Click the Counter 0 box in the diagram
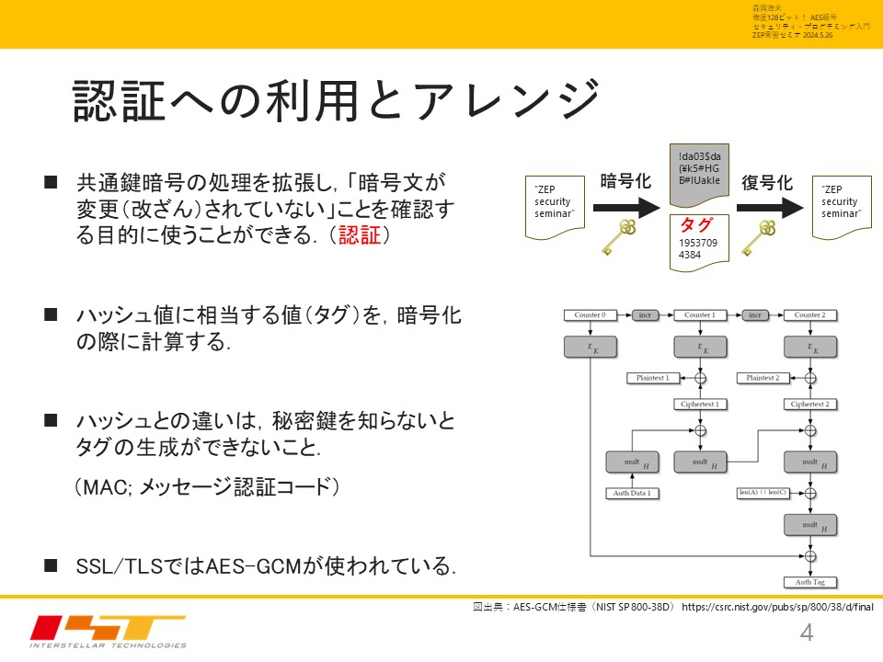tap(590, 315)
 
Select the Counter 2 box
tap(809, 315)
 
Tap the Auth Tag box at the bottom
tap(809, 582)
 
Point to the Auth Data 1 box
tap(632, 494)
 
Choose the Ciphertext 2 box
tap(809, 404)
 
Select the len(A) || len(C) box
tap(763, 494)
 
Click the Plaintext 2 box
tap(763, 378)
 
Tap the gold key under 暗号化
tap(619, 237)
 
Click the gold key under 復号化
tap(762, 237)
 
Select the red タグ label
tap(694, 225)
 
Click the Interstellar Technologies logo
tap(108, 631)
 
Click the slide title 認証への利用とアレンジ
tap(336, 100)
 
